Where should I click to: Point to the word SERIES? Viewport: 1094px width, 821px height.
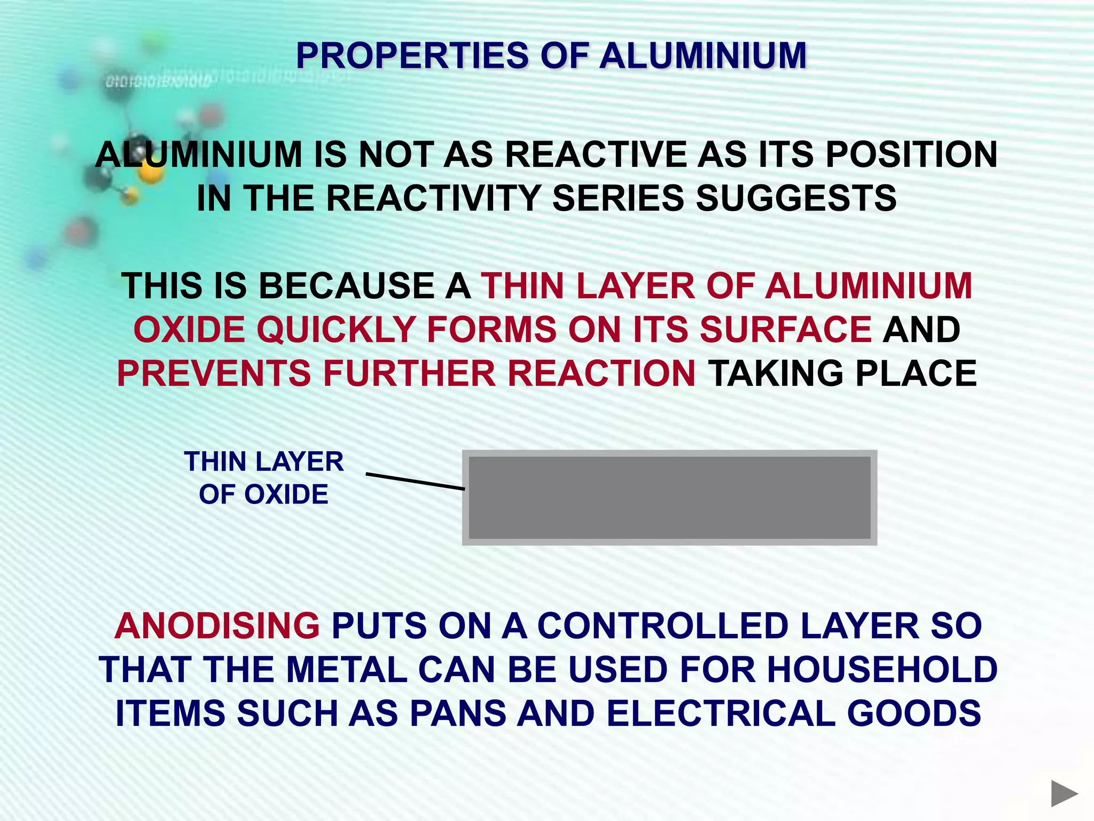click(x=618, y=198)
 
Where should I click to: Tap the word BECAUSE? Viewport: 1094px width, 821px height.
click(x=346, y=285)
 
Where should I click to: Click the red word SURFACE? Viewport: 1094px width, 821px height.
click(x=785, y=329)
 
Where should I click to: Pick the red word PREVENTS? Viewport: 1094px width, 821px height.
click(x=214, y=373)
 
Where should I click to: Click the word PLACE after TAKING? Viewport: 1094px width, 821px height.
click(x=916, y=373)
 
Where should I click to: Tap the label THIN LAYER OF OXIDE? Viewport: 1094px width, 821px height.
click(x=264, y=477)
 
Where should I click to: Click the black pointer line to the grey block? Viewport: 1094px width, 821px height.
click(x=415, y=481)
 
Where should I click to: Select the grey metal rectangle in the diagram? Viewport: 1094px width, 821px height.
click(x=669, y=498)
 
